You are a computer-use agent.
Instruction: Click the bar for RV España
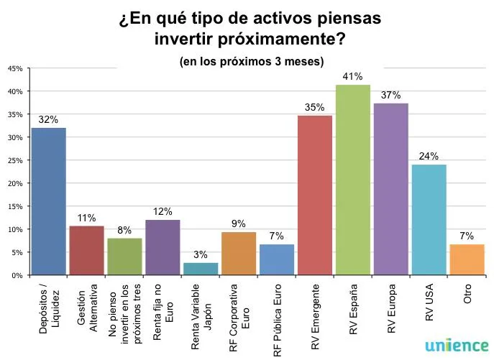tap(353, 180)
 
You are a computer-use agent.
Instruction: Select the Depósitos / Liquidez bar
tap(48, 201)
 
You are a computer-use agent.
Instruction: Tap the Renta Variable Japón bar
tap(201, 269)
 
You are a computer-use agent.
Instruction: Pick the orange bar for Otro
tap(467, 259)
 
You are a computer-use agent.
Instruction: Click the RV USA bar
tap(429, 219)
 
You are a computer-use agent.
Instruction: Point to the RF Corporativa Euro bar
tap(239, 254)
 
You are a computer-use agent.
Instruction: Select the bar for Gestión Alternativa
tap(86, 250)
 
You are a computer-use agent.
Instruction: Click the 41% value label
tap(353, 76)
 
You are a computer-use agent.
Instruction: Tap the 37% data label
tap(391, 95)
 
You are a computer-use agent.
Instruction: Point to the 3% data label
tap(201, 254)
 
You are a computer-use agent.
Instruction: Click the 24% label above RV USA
tap(429, 155)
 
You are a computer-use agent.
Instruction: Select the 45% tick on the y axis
tap(14, 68)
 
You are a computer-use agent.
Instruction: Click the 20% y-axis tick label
tap(14, 183)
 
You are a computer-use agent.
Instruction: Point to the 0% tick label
tap(17, 275)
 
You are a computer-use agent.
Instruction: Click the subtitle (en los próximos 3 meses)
tap(251, 61)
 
